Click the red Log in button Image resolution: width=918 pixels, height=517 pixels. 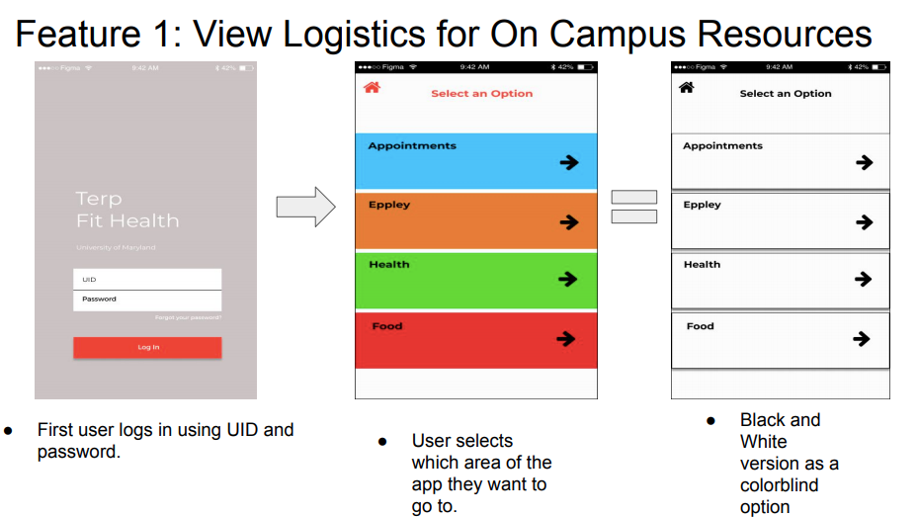click(147, 347)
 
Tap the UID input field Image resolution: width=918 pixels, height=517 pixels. click(147, 280)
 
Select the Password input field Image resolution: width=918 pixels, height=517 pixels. click(147, 300)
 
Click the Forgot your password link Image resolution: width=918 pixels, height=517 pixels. click(188, 318)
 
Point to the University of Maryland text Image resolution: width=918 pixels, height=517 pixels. click(116, 247)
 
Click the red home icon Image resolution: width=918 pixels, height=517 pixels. click(372, 87)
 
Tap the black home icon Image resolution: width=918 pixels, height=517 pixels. click(686, 87)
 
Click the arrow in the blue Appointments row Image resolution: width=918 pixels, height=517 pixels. click(568, 162)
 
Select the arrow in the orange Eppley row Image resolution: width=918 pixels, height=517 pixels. click(568, 222)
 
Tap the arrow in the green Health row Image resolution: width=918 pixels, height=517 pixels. click(567, 280)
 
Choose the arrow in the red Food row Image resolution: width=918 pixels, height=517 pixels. click(565, 339)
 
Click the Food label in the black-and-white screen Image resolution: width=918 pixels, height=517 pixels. click(700, 326)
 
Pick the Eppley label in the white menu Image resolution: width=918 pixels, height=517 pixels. click(702, 206)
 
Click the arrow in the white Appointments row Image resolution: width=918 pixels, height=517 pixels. click(865, 162)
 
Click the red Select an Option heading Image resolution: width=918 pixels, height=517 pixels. click(481, 94)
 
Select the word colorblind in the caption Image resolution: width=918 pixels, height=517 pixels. click(779, 485)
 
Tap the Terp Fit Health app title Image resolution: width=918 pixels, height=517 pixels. click(127, 210)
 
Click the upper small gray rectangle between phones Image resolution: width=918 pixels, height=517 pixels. click(633, 196)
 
